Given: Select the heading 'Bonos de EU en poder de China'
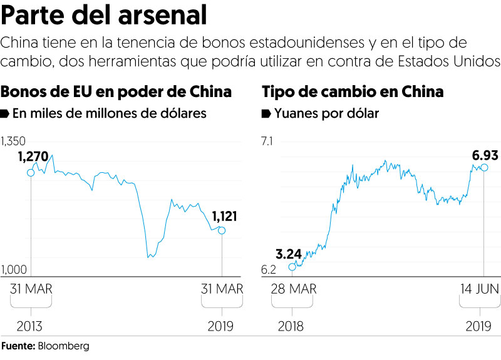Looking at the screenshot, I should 116,91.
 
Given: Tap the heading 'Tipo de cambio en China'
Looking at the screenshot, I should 353,91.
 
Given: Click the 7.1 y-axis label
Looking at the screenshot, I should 268,141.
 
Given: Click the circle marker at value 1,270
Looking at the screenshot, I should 31,172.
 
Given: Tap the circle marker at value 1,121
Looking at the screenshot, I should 222,230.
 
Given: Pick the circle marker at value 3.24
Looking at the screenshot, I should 292,267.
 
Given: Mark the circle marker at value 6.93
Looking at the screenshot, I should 483,167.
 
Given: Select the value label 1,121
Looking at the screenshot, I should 224,217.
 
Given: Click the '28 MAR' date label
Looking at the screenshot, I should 294,289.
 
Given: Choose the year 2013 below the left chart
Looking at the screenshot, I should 31,326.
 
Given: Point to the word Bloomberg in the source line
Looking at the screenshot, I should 64,346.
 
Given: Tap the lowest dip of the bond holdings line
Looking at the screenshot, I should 148,257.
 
